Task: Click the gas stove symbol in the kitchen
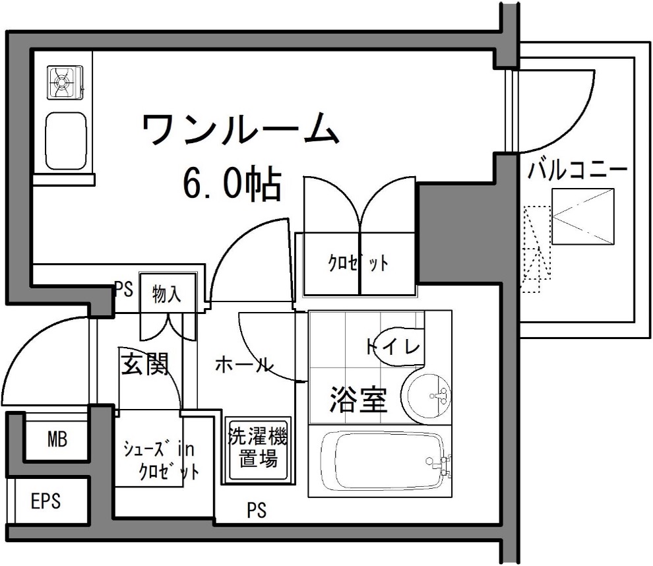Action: (65, 82)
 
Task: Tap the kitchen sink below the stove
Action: (66, 141)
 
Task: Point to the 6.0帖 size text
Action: (232, 183)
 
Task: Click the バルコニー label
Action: (577, 170)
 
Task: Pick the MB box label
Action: (57, 439)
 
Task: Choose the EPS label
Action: (46, 501)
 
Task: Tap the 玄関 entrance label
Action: (145, 363)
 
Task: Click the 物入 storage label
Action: (167, 294)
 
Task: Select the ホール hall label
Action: (244, 365)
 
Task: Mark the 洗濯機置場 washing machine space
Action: (258, 450)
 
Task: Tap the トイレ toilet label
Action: (394, 346)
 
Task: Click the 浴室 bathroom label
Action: (359, 399)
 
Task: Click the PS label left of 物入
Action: (124, 289)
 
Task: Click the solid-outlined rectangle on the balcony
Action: (583, 216)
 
